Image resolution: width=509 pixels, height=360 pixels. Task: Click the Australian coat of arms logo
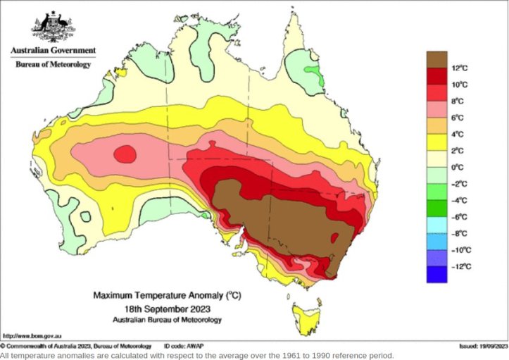pos(53,27)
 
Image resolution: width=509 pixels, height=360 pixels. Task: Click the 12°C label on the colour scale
pos(460,68)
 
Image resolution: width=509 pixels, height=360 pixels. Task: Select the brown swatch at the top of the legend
pos(437,59)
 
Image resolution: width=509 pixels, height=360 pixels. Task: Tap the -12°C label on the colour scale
pos(462,266)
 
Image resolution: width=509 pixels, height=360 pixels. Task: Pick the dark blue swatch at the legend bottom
pos(437,274)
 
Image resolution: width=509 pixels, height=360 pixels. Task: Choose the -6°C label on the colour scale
pos(460,217)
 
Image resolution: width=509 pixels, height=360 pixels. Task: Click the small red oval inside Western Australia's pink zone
pos(125,153)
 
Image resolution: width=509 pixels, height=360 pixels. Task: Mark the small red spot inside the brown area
pos(335,237)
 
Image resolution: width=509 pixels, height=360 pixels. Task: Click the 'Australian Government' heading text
pos(53,51)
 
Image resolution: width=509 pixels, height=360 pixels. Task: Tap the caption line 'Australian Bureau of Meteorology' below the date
pos(167,319)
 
